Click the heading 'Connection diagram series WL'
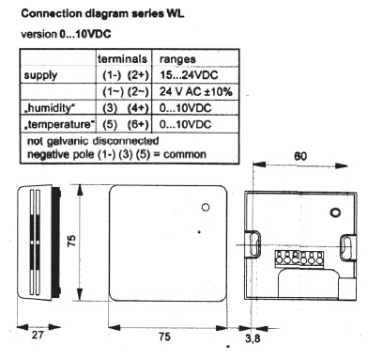(102, 13)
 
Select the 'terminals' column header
(122, 59)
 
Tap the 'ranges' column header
(177, 59)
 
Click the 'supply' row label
(40, 76)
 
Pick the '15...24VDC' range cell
(189, 75)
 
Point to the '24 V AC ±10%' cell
(196, 91)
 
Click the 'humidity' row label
(50, 108)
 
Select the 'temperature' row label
(59, 124)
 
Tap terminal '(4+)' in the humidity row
(138, 108)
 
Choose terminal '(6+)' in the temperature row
(138, 124)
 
